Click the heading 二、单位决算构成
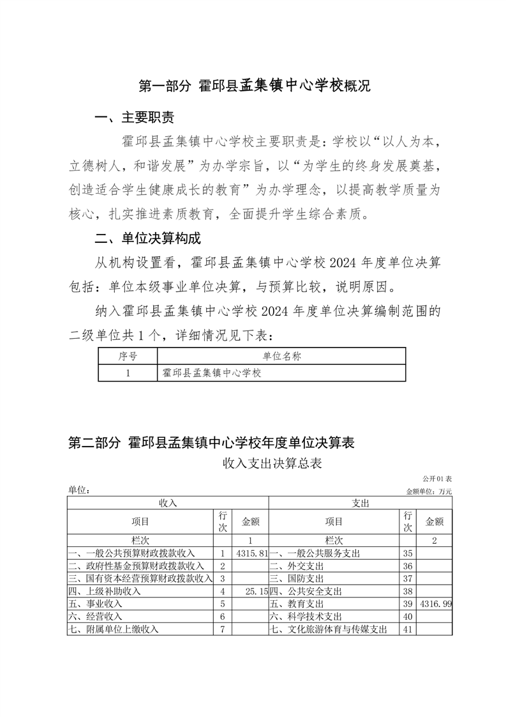pos(147,239)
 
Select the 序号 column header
pos(128,356)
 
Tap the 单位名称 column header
pos(281,356)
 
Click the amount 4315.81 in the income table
pos(250,553)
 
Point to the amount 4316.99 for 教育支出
pos(436,604)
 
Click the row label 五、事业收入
pos(95,604)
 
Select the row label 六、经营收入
pos(95,617)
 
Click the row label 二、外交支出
pos(296,566)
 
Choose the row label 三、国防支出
pos(296,578)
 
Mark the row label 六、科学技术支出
pos(305,617)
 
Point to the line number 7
pos(223,629)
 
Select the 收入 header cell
pos(168,504)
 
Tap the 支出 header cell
pos(361,504)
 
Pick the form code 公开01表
pos(436,479)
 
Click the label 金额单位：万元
pos(429,491)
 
